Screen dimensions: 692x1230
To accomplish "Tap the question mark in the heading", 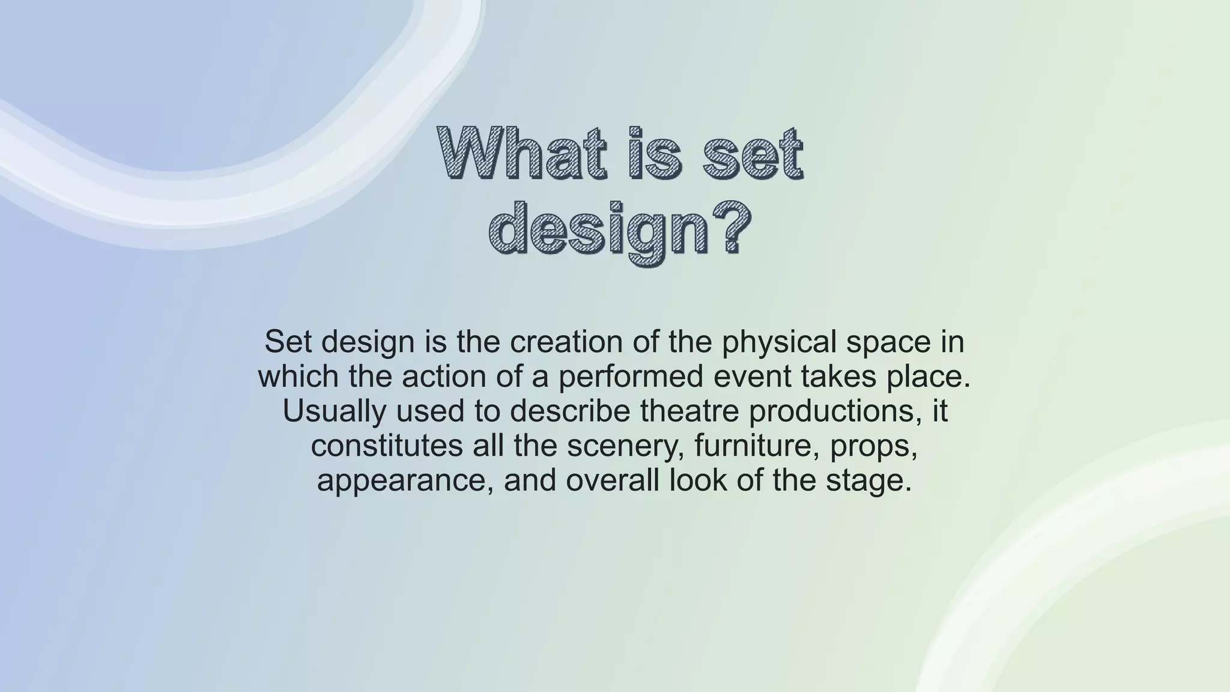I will pos(728,229).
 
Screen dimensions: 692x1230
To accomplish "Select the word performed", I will pos(631,376).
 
